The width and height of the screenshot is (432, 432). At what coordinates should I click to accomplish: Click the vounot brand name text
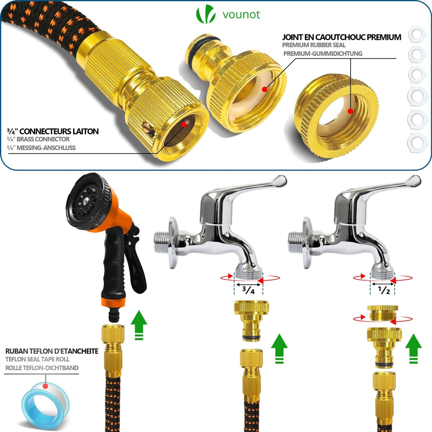click(241, 14)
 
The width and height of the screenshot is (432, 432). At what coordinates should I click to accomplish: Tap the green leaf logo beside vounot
click(206, 14)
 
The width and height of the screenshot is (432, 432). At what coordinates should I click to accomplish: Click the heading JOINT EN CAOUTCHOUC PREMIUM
click(342, 37)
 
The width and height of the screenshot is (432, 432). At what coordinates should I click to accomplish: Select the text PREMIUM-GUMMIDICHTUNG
click(323, 54)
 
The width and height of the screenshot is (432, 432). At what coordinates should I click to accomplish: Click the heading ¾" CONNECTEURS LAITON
click(53, 131)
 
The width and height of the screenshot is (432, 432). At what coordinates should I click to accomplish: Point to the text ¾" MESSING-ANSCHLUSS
click(41, 148)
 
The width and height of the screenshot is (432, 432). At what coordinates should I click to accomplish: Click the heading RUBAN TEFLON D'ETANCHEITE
click(52, 351)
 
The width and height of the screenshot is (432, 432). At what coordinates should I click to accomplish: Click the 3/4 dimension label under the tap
click(248, 290)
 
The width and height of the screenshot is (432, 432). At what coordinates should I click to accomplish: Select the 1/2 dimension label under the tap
click(384, 290)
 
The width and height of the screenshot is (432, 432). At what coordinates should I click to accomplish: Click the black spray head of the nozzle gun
click(88, 202)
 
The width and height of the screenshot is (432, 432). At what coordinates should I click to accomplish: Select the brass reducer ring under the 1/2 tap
click(383, 313)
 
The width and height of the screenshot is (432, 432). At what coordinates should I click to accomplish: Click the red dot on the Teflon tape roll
click(45, 386)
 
